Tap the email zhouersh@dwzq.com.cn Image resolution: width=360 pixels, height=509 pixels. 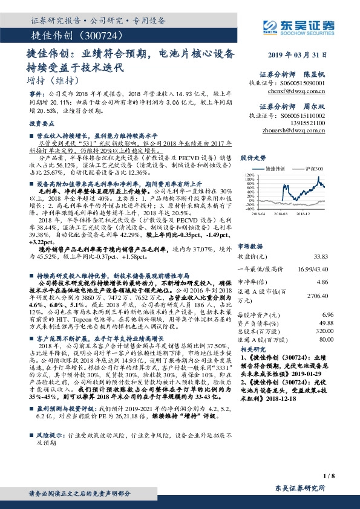pyautogui.click(x=300, y=130)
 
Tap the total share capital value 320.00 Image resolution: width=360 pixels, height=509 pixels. pyautogui.click(x=324, y=331)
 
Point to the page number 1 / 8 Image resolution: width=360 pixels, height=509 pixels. pyautogui.click(x=330, y=476)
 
